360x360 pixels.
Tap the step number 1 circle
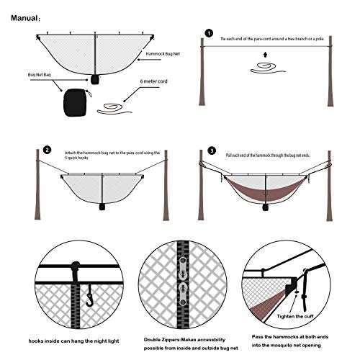click(209, 33)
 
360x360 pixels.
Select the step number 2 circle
click(47, 150)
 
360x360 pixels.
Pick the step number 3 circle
click(212, 150)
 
